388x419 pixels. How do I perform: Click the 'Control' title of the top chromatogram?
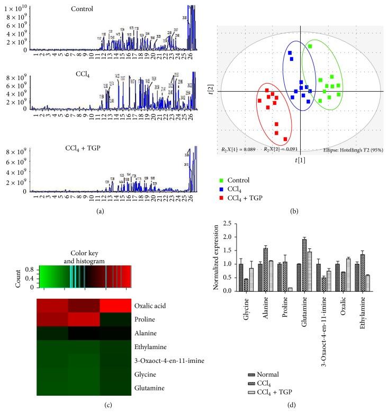point(83,9)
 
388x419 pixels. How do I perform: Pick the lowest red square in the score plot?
point(285,139)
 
